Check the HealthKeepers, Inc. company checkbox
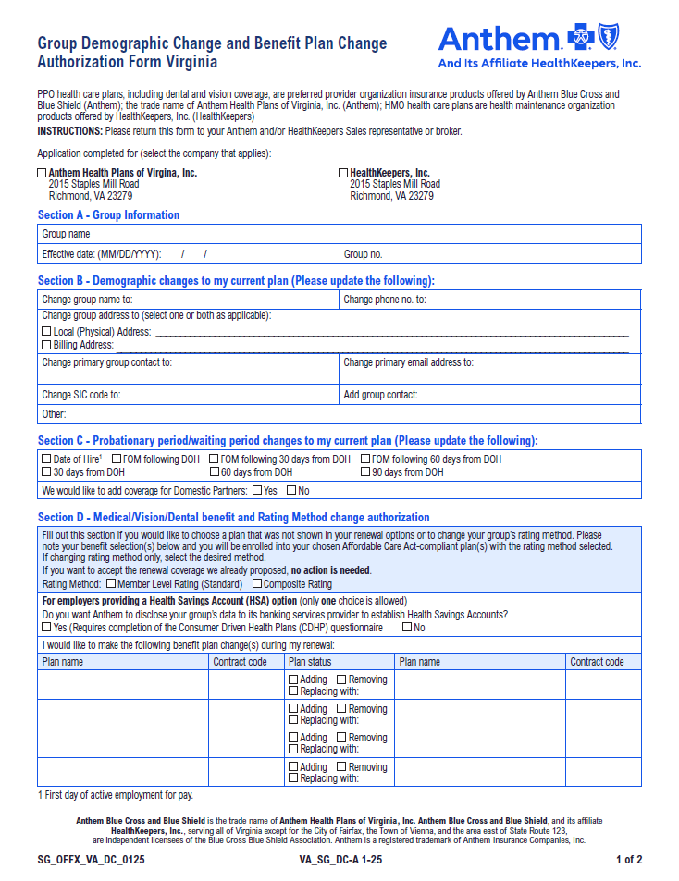click(x=343, y=173)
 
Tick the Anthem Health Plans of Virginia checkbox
click(x=42, y=173)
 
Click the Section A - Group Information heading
click(x=108, y=215)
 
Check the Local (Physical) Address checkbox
click(x=46, y=331)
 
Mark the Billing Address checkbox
click(x=46, y=345)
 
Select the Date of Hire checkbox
click(x=46, y=459)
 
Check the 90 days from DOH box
click(x=365, y=472)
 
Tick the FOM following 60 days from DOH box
click(x=365, y=459)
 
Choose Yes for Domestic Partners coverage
click(x=256, y=490)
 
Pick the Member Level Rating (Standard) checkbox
click(x=111, y=584)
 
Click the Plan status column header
click(x=310, y=662)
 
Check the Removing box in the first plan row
click(x=341, y=679)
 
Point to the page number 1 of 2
click(x=629, y=860)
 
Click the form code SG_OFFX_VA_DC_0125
click(x=91, y=860)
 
